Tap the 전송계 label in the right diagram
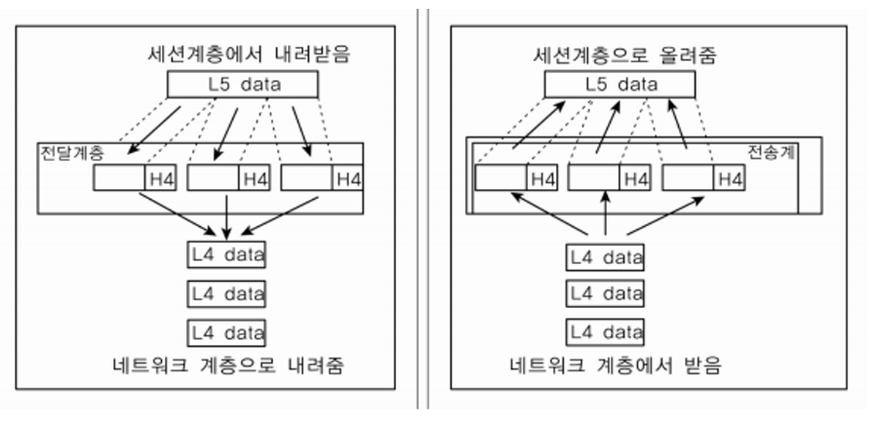pos(771,153)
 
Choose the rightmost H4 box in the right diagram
pos(729,178)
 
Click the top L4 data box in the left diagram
pos(227,255)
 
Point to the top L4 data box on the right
pos(606,257)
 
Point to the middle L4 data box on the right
pos(606,293)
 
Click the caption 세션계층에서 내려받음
pos(244,54)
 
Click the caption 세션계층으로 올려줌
pos(620,54)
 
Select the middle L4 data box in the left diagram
pos(227,292)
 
